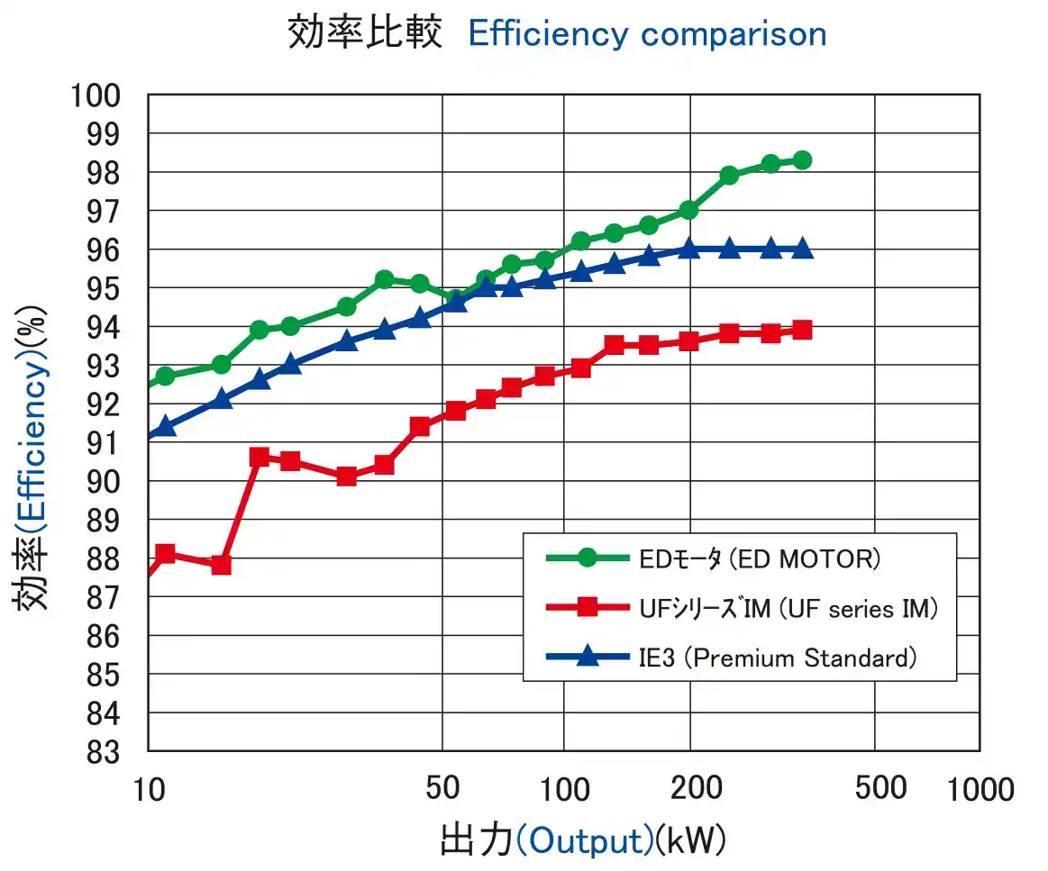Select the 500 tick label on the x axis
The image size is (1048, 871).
tap(879, 787)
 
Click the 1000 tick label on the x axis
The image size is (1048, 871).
tap(980, 789)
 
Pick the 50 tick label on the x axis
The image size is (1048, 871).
tap(442, 787)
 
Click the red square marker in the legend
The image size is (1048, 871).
tap(588, 608)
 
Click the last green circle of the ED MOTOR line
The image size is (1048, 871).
tap(801, 160)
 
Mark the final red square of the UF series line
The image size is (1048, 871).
tap(801, 330)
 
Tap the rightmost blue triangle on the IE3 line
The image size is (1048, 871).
tap(801, 249)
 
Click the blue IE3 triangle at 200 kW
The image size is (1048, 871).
tap(689, 249)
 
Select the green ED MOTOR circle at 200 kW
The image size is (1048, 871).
tap(689, 210)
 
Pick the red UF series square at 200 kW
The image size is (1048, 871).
tap(689, 341)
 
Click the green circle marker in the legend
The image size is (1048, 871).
tap(588, 558)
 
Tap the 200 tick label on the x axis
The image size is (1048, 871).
tap(697, 787)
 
